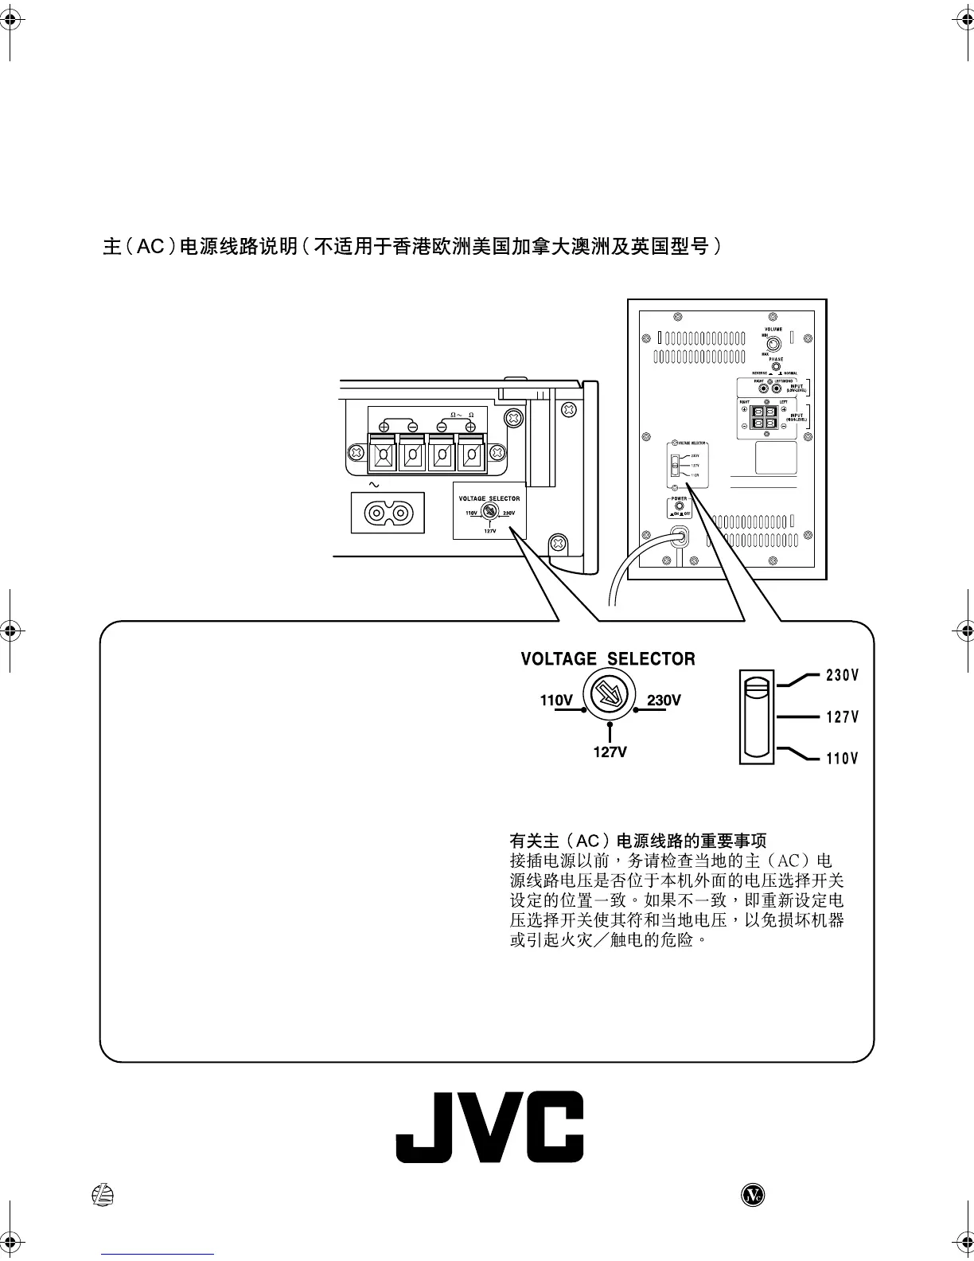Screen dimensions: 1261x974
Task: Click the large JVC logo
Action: coord(489,1126)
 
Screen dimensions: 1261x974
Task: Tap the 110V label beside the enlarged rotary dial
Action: coord(556,701)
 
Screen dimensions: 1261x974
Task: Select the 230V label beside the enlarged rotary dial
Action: coord(664,701)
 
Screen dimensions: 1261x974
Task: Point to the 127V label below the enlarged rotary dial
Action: coord(610,752)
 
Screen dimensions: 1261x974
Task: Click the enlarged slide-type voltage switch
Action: coord(756,716)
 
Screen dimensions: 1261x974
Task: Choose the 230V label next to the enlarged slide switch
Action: coord(842,676)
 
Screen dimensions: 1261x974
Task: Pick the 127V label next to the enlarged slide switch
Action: coord(842,717)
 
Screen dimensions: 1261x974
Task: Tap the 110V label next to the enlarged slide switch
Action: coord(842,759)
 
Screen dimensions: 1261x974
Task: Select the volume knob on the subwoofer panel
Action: coord(773,345)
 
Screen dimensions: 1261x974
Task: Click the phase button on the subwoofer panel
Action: coord(773,367)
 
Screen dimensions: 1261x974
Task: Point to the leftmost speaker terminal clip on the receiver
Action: coord(383,456)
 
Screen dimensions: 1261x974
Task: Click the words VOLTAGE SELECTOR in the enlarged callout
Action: coord(607,659)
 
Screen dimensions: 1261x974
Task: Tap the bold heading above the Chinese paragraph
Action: coord(637,841)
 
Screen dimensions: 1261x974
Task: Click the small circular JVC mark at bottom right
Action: coord(752,1195)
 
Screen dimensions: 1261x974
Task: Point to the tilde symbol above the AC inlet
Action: coord(373,484)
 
